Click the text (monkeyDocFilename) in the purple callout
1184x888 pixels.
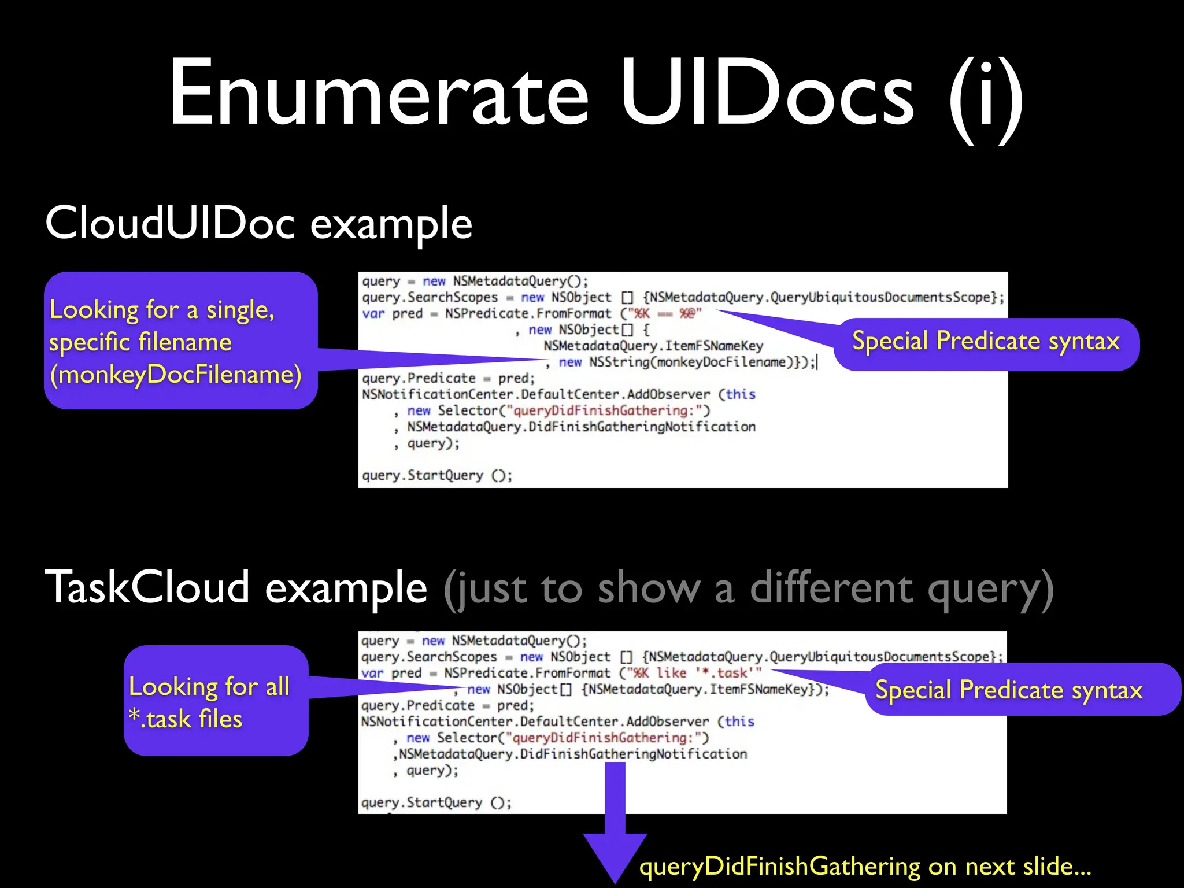tap(176, 375)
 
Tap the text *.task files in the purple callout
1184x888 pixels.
tap(186, 719)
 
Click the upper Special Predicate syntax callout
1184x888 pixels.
tap(986, 341)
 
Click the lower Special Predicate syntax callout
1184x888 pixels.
tap(1009, 690)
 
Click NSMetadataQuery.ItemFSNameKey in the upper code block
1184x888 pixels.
tap(653, 346)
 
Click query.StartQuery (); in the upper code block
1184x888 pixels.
tap(437, 475)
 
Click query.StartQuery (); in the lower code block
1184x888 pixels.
tap(436, 802)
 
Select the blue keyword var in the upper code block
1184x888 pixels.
tap(373, 314)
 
